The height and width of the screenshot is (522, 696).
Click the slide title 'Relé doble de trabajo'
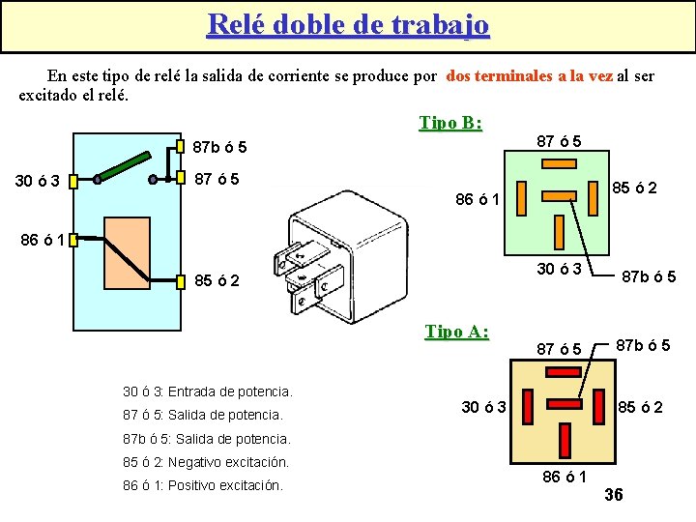coord(348,24)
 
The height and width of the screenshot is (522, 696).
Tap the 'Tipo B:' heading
coord(450,123)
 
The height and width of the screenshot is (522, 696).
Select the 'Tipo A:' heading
coord(456,332)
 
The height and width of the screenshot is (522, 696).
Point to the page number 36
coord(613,495)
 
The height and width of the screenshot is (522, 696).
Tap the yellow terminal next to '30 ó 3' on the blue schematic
coord(72,180)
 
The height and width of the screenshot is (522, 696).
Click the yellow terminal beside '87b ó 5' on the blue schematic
coord(181,147)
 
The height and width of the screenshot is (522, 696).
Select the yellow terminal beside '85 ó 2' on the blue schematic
coord(181,282)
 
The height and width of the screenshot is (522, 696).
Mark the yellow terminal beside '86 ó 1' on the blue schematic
coord(72,239)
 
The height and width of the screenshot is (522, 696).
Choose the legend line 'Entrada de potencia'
coord(207,391)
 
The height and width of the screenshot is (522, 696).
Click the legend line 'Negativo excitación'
coord(206,462)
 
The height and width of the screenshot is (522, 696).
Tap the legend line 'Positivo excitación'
coord(203,485)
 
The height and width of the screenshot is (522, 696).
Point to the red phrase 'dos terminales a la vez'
coord(529,75)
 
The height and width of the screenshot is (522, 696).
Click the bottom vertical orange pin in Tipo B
coord(559,231)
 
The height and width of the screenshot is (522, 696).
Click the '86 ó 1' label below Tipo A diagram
coord(565,477)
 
